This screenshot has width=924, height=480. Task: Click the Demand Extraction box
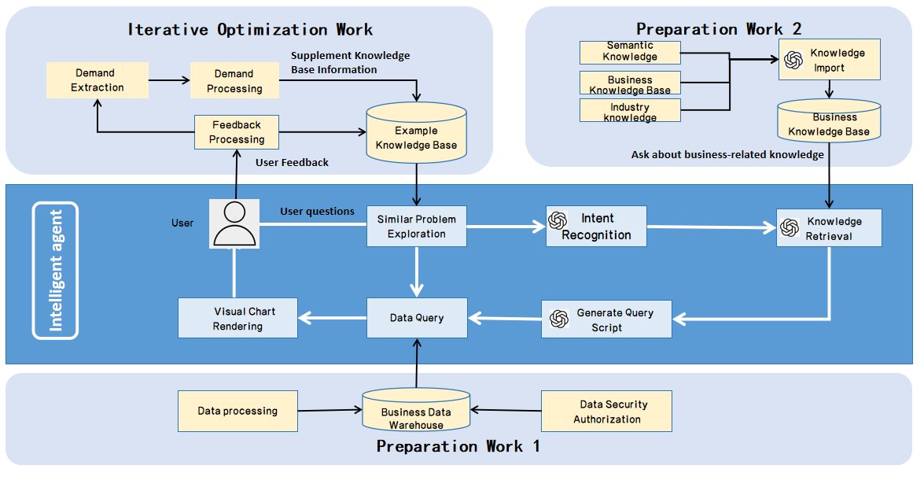98,81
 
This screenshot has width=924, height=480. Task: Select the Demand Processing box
234,81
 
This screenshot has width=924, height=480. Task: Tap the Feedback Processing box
237,132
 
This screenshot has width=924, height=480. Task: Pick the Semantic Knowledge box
630,52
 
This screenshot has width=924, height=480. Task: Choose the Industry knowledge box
630,111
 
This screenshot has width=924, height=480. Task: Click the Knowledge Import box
829,61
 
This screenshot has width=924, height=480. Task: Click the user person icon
234,224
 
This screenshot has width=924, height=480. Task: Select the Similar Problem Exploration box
417,227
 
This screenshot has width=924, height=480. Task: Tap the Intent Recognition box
596,227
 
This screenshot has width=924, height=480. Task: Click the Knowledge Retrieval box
829,228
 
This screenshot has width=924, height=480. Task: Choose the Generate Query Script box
606,319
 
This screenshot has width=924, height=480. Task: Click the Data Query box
417,318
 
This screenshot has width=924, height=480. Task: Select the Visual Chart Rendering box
237,319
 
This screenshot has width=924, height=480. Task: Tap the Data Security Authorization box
606,412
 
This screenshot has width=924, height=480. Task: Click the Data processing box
237,412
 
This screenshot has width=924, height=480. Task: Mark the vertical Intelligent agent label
56,270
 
